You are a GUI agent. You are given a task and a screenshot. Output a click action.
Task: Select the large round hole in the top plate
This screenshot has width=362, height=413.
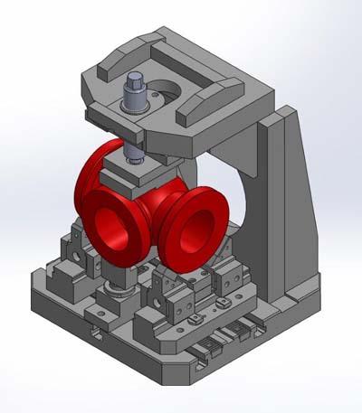[165, 91]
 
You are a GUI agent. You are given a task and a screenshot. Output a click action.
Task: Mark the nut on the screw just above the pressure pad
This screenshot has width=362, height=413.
[135, 161]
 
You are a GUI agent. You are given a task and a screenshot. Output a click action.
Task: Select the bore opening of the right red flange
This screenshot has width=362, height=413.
[196, 232]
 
